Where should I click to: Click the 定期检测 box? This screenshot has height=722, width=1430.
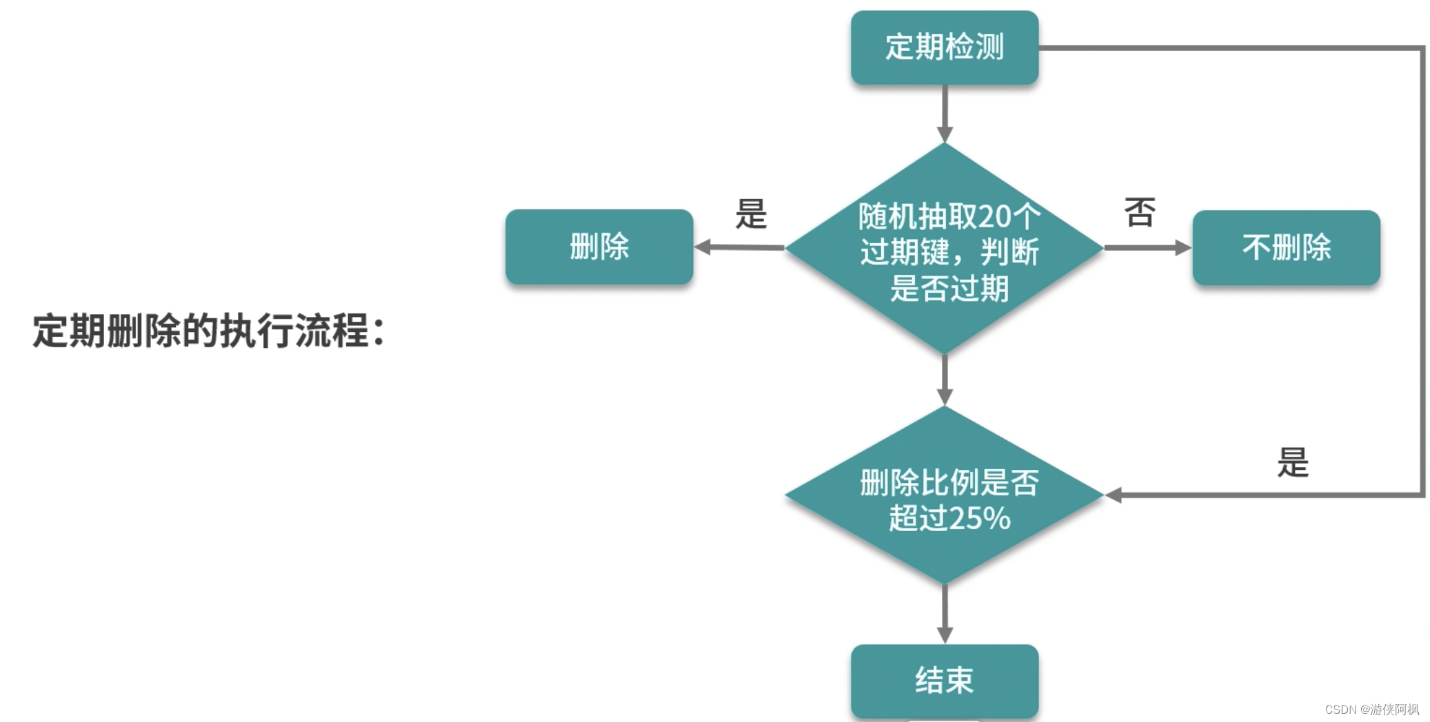[x=944, y=48]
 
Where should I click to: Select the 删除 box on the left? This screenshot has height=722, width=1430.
[x=598, y=247]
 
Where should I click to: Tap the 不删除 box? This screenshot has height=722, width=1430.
[x=1286, y=247]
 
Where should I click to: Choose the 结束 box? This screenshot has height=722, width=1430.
[x=944, y=681]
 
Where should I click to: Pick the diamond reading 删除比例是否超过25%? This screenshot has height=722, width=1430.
[x=944, y=496]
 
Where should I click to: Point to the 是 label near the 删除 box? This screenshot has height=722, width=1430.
[x=751, y=214]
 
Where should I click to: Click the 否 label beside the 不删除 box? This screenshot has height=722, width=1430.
[x=1139, y=212]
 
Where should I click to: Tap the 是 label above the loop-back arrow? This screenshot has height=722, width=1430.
[x=1292, y=462]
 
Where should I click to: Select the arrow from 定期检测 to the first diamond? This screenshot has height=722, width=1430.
[x=945, y=114]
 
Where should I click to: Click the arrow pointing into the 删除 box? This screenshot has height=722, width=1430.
[x=738, y=247]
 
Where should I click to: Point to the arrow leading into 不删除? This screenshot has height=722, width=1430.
[x=1147, y=247]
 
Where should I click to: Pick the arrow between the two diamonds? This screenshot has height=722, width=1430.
[x=945, y=380]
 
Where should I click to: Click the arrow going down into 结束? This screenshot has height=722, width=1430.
[x=945, y=614]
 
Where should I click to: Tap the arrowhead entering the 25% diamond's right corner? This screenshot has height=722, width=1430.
[x=1113, y=495]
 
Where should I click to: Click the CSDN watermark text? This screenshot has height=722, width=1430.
[x=1371, y=710]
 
